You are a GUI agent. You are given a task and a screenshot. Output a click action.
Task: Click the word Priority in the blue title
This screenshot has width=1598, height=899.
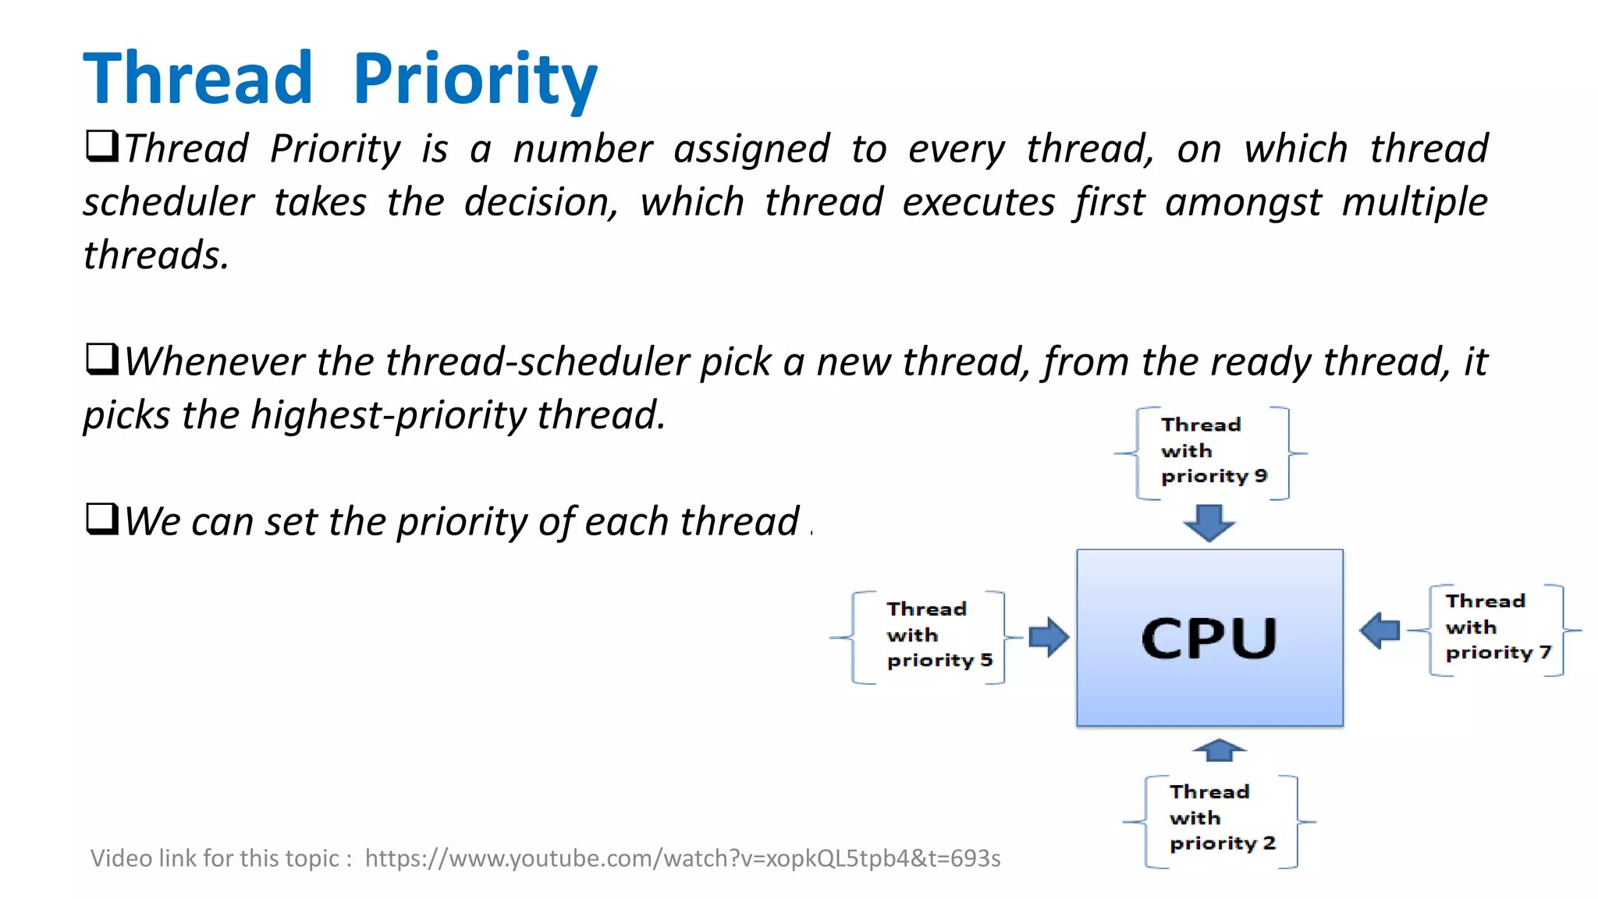click(x=474, y=78)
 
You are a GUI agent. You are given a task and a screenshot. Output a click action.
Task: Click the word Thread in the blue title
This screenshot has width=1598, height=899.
click(x=198, y=78)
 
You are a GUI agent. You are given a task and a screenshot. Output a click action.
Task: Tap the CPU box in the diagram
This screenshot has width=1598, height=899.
click(x=1209, y=638)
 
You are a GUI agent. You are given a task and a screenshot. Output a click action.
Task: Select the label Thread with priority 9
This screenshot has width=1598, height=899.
click(x=1213, y=451)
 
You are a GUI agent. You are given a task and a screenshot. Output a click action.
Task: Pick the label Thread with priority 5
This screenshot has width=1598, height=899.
click(x=938, y=635)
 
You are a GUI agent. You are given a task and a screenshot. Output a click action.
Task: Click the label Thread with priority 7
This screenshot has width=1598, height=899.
click(x=1497, y=627)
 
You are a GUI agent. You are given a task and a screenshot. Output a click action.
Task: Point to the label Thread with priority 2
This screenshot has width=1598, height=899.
click(x=1221, y=818)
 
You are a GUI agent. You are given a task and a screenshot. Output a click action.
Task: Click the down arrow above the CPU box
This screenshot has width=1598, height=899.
click(x=1209, y=521)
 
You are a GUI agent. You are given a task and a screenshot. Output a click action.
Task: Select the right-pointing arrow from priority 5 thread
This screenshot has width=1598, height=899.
click(x=1048, y=637)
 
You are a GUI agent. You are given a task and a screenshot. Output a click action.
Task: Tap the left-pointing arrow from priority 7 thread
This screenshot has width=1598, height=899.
click(x=1380, y=630)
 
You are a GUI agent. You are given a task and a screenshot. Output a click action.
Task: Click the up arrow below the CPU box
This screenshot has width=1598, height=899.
click(x=1219, y=751)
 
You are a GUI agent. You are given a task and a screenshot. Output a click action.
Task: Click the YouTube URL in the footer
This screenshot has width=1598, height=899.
click(x=682, y=858)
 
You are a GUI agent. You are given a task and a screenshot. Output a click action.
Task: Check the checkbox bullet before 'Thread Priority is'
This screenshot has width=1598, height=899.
click(x=101, y=146)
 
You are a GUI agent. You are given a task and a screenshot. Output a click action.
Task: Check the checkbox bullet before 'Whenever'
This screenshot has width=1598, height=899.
click(x=101, y=359)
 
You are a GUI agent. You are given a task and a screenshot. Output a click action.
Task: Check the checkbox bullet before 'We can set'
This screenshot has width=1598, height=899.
click(x=101, y=518)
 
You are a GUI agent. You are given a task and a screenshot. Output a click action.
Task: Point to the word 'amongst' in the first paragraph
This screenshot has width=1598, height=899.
click(x=1243, y=203)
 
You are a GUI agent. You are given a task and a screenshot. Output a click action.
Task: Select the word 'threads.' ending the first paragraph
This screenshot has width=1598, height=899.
click(x=156, y=256)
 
